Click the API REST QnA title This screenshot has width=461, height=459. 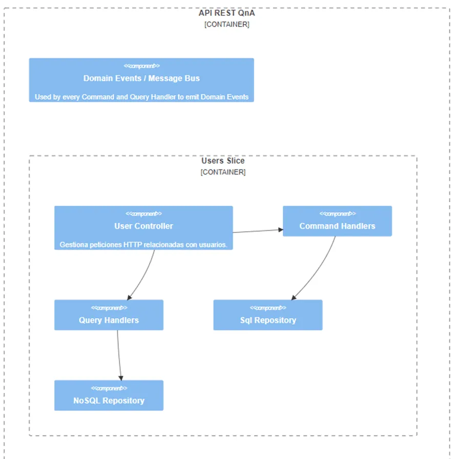[x=227, y=13]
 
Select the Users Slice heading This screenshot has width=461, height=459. [x=223, y=161]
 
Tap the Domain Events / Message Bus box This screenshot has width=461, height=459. [x=141, y=80]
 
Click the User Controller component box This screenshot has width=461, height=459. [x=143, y=228]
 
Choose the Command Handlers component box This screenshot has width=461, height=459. [x=337, y=221]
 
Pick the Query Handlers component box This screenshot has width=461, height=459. [x=109, y=315]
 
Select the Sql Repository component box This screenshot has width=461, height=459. [x=268, y=315]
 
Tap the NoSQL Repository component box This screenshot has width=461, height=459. [x=109, y=395]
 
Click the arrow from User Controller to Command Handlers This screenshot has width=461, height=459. [x=258, y=231]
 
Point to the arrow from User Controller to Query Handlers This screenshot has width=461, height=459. [x=143, y=276]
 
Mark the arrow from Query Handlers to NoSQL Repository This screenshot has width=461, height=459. [x=118, y=355]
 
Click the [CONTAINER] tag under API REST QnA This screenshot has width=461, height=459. [x=227, y=25]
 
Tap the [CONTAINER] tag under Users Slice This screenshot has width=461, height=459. [x=223, y=172]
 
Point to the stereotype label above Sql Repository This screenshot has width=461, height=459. [x=268, y=308]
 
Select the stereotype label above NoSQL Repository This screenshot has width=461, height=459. [x=109, y=388]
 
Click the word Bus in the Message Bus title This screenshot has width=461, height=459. [x=192, y=78]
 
